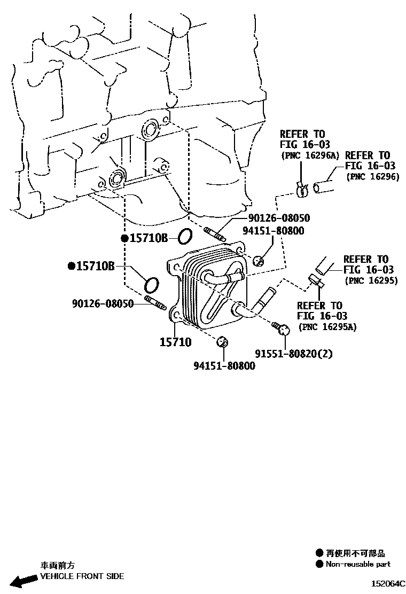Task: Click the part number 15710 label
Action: pos(175,342)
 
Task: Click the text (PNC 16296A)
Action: pos(310,155)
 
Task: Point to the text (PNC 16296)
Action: pos(372,176)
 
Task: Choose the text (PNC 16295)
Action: pos(371,280)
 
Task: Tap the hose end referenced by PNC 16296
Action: pos(323,187)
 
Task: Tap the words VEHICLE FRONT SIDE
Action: pos(82,576)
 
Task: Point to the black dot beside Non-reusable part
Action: pos(319,564)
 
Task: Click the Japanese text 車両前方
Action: pos(58,565)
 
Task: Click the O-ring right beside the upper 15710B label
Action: pos(184,236)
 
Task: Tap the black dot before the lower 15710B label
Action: pos(71,265)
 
